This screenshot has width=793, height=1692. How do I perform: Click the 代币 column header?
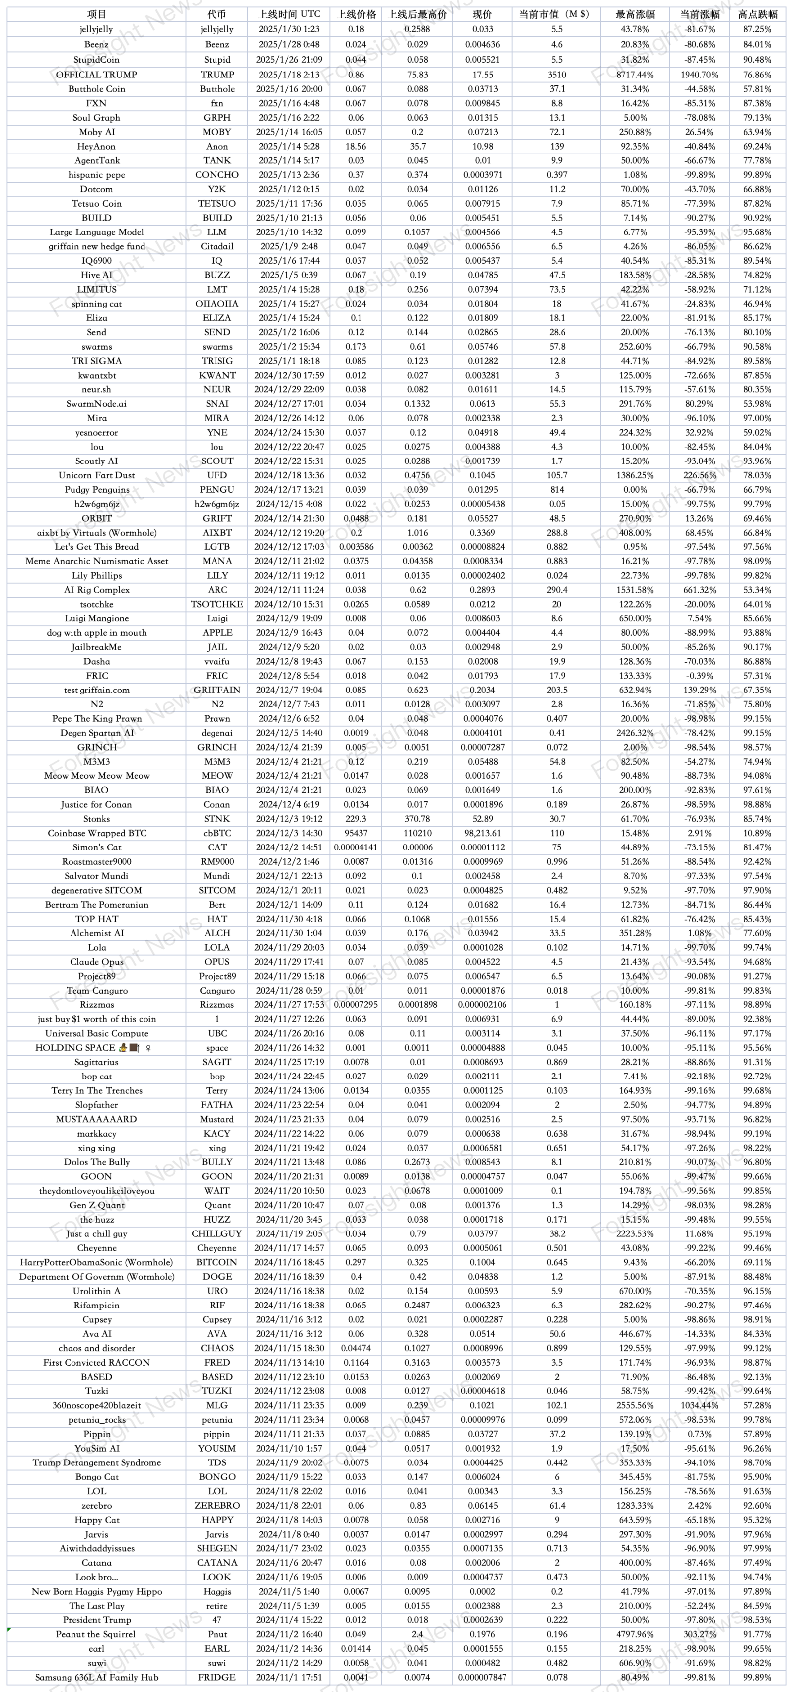pyautogui.click(x=216, y=14)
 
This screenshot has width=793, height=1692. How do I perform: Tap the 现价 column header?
pyautogui.click(x=483, y=14)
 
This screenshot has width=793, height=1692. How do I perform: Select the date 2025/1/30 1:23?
pyautogui.click(x=289, y=29)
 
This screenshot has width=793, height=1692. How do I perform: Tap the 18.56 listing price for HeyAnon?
pyautogui.click(x=356, y=147)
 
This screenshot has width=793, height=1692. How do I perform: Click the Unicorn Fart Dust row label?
pyautogui.click(x=96, y=475)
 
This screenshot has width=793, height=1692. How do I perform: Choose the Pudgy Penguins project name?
pyautogui.click(x=96, y=490)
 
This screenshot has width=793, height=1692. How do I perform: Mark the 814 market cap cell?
pyautogui.click(x=557, y=490)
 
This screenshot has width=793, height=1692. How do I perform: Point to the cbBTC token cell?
pyautogui.click(x=216, y=834)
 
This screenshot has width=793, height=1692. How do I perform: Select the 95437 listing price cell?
pyautogui.click(x=356, y=834)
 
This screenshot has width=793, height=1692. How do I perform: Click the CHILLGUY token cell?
pyautogui.click(x=216, y=1234)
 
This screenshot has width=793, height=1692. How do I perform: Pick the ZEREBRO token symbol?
pyautogui.click(x=216, y=1505)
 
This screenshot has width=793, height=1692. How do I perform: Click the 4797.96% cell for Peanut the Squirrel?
pyautogui.click(x=635, y=1634)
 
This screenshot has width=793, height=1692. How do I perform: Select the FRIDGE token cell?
pyautogui.click(x=216, y=1678)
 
